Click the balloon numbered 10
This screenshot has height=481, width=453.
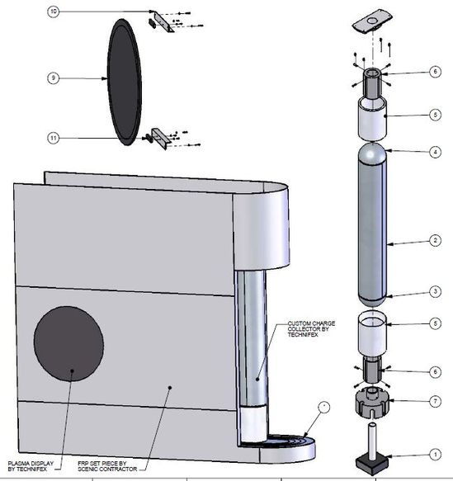pyautogui.click(x=54, y=12)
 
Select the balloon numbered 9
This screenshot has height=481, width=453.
pyautogui.click(x=53, y=78)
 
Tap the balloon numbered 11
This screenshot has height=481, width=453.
pyautogui.click(x=54, y=139)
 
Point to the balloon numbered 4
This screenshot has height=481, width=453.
pyautogui.click(x=435, y=152)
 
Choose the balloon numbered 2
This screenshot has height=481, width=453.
pyautogui.click(x=435, y=243)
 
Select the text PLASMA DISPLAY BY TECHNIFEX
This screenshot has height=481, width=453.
pyautogui.click(x=31, y=464)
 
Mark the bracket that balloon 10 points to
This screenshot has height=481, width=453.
pyautogui.click(x=165, y=22)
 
